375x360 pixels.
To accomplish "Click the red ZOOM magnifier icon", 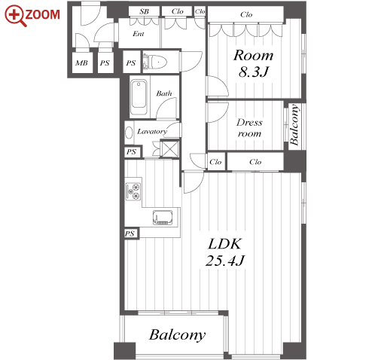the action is [x=16, y=16].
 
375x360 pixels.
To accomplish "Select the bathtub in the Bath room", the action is [x=139, y=97].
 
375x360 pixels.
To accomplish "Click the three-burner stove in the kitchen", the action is [x=133, y=191].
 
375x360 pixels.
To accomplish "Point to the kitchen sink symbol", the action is [x=163, y=218].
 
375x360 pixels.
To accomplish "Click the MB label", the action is [x=81, y=63].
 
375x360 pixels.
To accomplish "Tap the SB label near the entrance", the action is [x=144, y=11].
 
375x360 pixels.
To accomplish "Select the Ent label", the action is [x=139, y=34].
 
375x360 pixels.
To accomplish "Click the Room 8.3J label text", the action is [x=253, y=63].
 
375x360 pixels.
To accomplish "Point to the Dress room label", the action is [x=249, y=128].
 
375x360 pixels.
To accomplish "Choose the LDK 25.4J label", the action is [x=225, y=252].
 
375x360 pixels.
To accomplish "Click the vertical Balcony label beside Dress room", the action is [x=294, y=125].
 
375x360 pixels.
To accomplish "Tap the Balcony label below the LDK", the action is [x=178, y=335].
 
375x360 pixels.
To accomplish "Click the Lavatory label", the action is [x=152, y=131].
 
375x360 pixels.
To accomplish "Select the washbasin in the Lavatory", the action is [x=129, y=133].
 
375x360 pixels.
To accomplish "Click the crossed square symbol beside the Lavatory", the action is [x=170, y=149].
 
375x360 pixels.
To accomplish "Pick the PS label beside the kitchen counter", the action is [x=130, y=233].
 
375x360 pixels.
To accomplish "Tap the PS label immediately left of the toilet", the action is [x=131, y=63].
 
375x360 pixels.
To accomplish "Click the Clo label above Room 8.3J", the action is [x=246, y=14].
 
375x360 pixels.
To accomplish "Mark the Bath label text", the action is [x=164, y=93].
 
